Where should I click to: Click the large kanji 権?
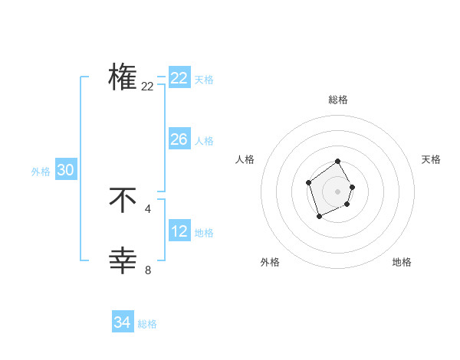pos(123,77)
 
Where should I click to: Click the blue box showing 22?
pos(179,78)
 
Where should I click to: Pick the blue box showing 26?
pos(179,139)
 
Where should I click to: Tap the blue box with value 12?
pos(179,231)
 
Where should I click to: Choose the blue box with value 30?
pos(66,170)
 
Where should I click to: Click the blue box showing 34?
pos(123,322)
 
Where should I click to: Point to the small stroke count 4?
pos(148,208)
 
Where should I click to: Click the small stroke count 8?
pos(148,270)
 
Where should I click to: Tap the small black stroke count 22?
pos(148,87)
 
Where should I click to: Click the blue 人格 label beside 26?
pos(204,141)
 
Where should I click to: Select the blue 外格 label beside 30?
pos(41,172)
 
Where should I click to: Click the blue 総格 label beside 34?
pos(147,324)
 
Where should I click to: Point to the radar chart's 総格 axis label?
pos(338,100)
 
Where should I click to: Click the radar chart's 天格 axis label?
pos(432,159)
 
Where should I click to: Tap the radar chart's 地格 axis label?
pos(402,262)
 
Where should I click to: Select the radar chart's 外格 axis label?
pos(270,262)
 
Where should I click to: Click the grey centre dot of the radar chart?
pos(338,191)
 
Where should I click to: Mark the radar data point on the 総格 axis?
pos(338,162)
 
